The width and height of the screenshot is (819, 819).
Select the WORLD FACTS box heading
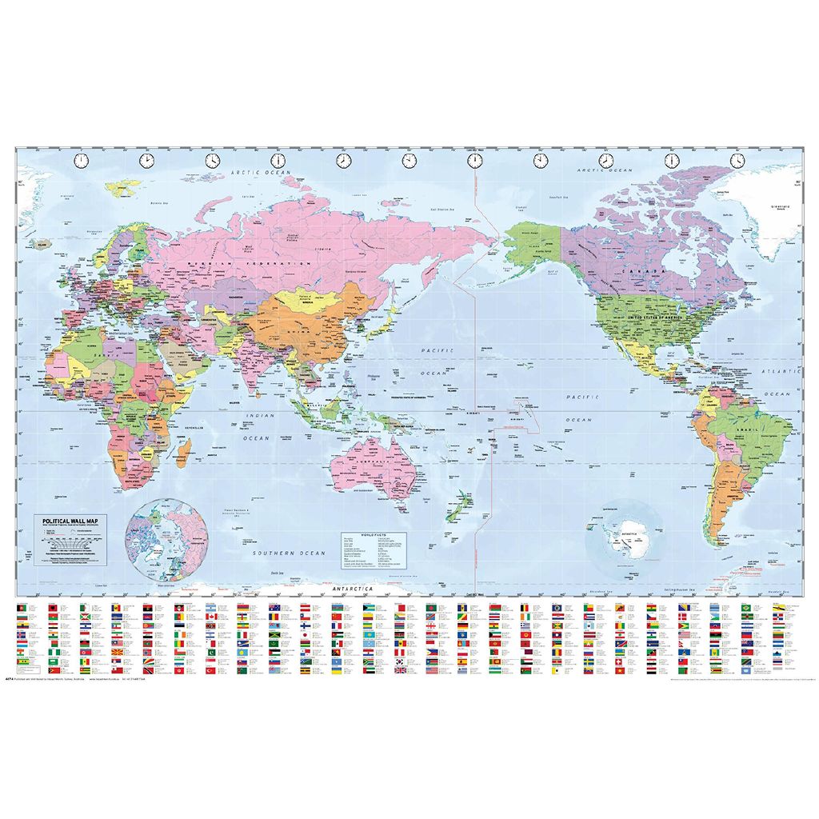(358, 533)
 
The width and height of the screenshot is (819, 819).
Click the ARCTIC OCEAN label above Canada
(605, 170)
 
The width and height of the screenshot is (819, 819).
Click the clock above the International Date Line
(474, 161)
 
